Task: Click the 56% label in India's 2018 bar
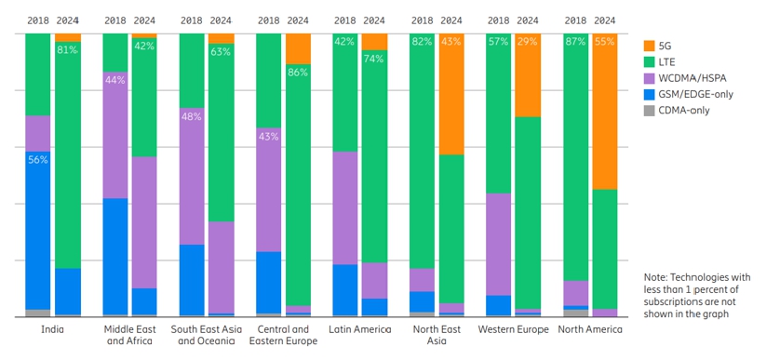click(x=38, y=159)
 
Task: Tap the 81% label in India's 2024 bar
click(x=67, y=50)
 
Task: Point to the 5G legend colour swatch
click(x=650, y=44)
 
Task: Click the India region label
click(x=52, y=329)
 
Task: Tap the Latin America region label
click(x=360, y=329)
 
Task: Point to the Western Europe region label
click(x=513, y=329)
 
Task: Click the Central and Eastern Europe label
click(x=283, y=335)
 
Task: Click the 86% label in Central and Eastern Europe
click(x=298, y=72)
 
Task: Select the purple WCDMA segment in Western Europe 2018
click(x=499, y=244)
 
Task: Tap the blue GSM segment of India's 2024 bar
click(x=67, y=291)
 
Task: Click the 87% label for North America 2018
click(x=575, y=42)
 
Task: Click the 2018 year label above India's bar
click(x=37, y=20)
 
